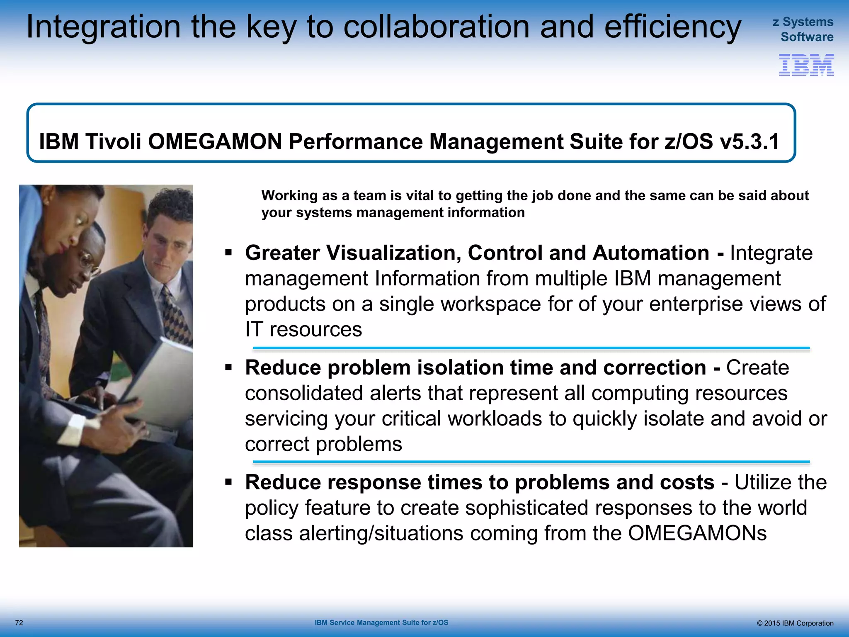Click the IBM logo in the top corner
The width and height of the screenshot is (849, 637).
point(806,65)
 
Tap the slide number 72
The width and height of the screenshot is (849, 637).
point(19,623)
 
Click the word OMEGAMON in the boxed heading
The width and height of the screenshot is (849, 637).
point(215,142)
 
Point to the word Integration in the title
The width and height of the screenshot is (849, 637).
point(103,27)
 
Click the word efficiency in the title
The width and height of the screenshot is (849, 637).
point(672,27)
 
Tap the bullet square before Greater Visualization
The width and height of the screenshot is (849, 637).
point(228,252)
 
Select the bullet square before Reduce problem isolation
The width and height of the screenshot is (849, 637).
point(228,367)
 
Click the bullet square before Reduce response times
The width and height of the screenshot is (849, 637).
point(228,481)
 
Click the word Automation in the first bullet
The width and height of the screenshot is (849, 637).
point(651,253)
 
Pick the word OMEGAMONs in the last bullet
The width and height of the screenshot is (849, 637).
point(697,533)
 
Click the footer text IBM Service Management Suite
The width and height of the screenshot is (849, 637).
point(381,622)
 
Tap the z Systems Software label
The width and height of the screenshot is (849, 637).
point(804,29)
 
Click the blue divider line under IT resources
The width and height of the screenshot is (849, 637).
point(531,348)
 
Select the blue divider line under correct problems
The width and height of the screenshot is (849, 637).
point(531,462)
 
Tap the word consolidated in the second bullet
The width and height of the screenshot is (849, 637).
point(304,393)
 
